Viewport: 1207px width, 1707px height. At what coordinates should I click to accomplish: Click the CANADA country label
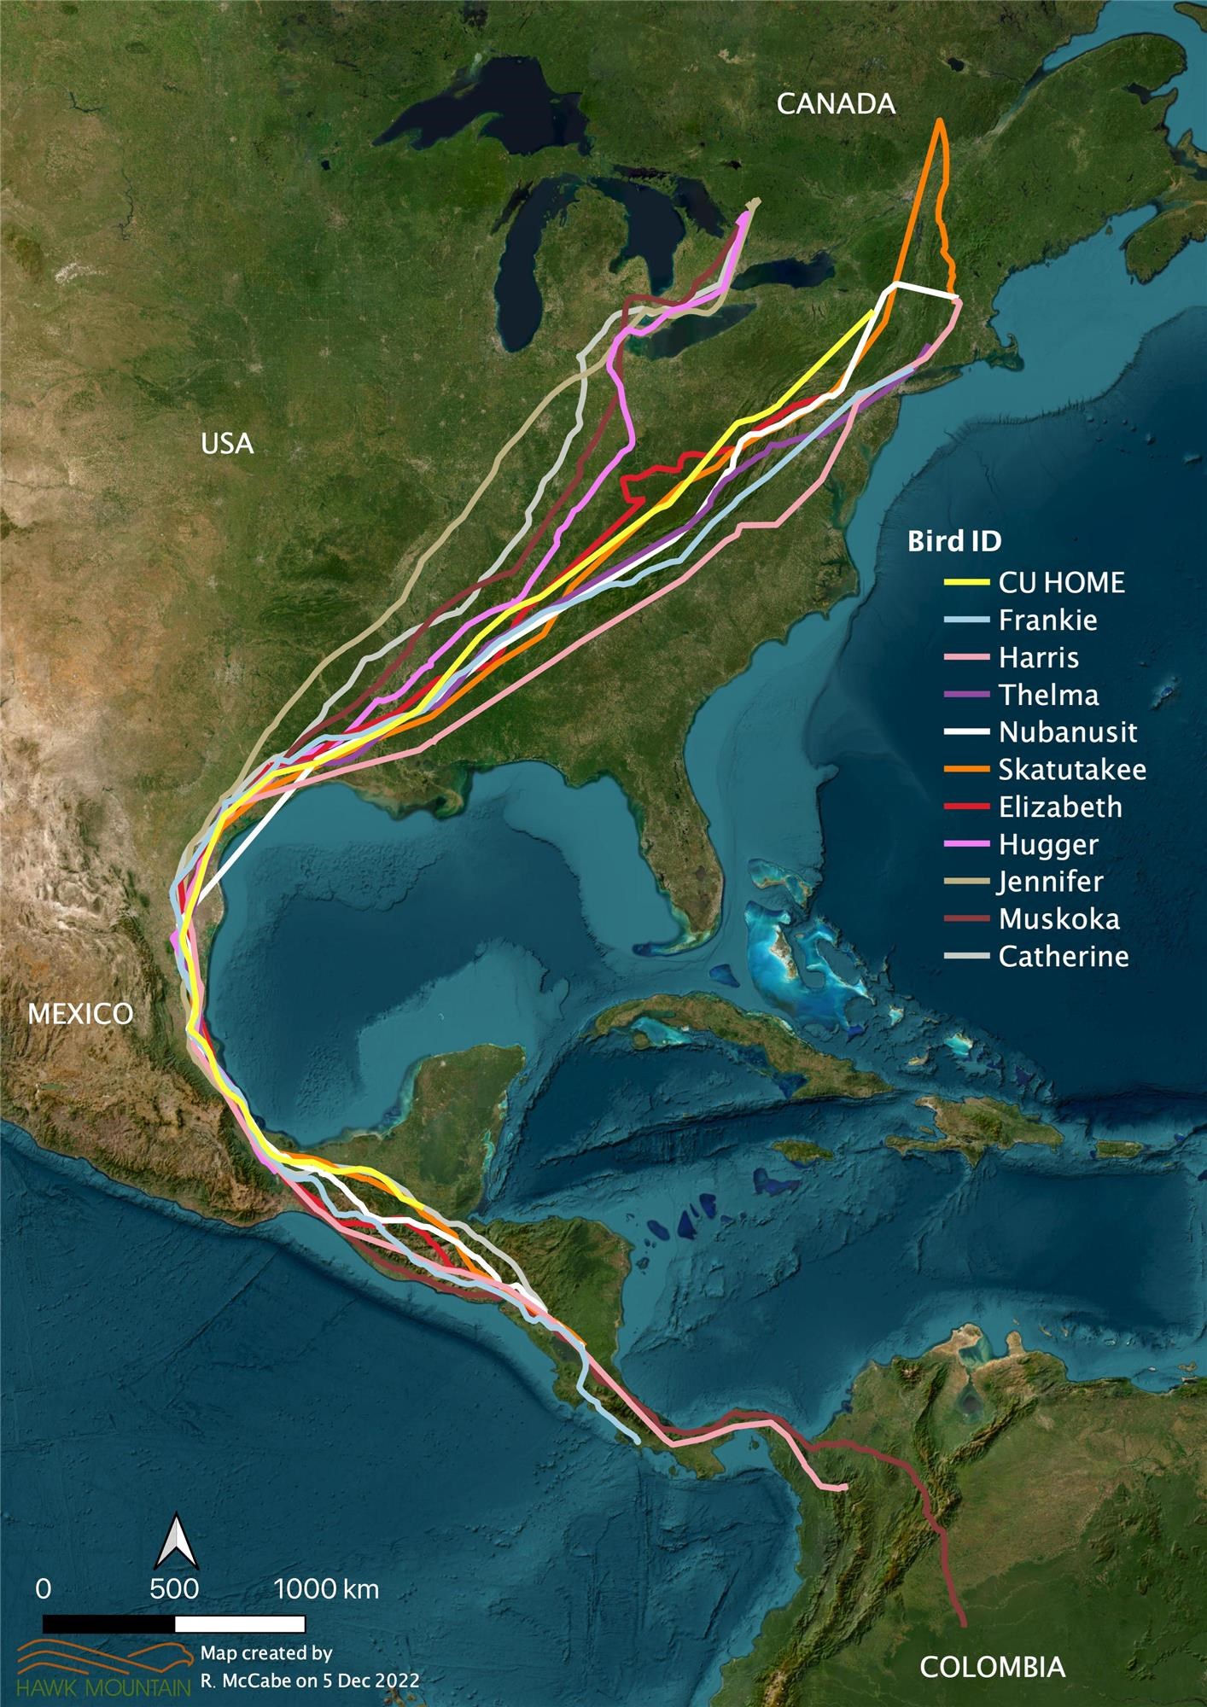[836, 104]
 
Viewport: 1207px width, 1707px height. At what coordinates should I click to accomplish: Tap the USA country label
[227, 444]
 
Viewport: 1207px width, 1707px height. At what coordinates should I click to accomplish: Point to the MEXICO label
[81, 1013]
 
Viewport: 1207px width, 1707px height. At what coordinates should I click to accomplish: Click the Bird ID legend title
[953, 541]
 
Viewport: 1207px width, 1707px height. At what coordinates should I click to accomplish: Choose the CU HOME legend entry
[1061, 583]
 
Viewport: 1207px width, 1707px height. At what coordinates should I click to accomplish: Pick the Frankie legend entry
[1047, 620]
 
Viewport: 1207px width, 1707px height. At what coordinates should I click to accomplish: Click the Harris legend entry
[1038, 658]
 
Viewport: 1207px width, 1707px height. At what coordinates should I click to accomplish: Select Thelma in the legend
[1048, 695]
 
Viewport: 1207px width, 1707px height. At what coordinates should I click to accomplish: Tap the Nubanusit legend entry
[1067, 732]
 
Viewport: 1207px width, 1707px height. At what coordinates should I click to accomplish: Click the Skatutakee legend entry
[1071, 770]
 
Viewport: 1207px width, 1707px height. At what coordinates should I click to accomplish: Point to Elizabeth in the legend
[1060, 807]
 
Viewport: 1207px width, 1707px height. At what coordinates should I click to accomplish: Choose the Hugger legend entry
[1048, 844]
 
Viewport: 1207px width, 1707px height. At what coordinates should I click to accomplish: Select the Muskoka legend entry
[1058, 919]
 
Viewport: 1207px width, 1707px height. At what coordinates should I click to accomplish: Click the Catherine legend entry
[1063, 956]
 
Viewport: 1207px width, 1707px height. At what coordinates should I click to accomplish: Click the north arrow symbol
[176, 1541]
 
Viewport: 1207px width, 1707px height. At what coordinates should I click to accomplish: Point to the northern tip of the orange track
[940, 120]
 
